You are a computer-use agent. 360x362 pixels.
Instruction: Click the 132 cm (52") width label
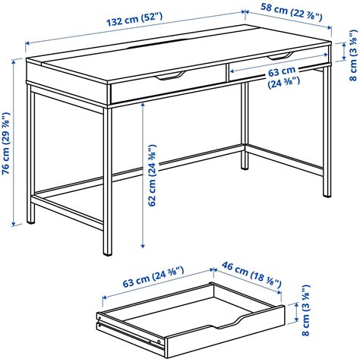click(x=134, y=19)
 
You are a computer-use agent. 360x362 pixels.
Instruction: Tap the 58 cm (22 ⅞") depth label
click(x=292, y=11)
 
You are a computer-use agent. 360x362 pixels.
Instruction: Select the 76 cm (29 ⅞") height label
click(x=6, y=143)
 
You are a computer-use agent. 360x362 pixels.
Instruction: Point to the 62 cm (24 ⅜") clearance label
click(x=153, y=175)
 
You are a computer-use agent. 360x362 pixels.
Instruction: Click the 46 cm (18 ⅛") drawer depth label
click(x=252, y=275)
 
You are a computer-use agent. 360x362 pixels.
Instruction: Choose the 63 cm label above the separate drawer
click(x=153, y=277)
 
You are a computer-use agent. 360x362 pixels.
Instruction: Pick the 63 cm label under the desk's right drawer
click(x=283, y=77)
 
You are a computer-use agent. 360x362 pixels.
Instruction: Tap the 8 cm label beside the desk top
click(x=353, y=55)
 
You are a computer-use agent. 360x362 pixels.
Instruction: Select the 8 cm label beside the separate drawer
click(x=306, y=310)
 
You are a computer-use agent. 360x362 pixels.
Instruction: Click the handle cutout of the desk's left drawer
click(x=171, y=76)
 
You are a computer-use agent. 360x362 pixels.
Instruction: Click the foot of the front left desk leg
click(x=108, y=252)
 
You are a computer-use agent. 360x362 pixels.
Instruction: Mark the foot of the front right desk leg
click(x=327, y=194)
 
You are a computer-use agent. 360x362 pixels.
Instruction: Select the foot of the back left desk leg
click(x=31, y=221)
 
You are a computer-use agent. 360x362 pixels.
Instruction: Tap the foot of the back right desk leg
click(x=245, y=166)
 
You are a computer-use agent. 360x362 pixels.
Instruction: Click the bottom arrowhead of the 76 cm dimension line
click(x=14, y=224)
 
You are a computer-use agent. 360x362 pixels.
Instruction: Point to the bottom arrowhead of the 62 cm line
click(x=143, y=245)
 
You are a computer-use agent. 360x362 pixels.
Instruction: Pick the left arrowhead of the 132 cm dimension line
click(x=27, y=43)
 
